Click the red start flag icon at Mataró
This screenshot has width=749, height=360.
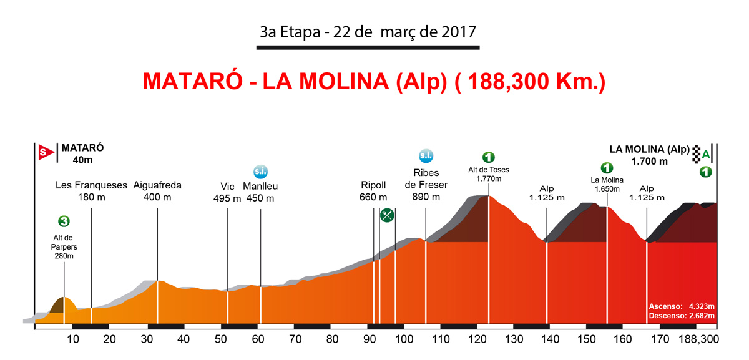coord(43,150)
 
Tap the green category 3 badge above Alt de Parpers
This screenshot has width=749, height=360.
coord(64,221)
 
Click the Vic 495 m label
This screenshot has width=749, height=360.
coord(227,192)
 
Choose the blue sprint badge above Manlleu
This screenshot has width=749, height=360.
coord(260,171)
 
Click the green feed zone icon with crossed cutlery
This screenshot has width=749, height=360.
coord(388,216)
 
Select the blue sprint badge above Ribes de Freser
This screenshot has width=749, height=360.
coord(426,156)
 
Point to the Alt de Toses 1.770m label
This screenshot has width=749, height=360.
coord(489,174)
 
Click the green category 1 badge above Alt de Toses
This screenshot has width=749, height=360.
coord(489,157)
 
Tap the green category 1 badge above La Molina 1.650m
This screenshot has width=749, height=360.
coord(606,167)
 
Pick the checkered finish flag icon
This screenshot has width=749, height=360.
coord(695,154)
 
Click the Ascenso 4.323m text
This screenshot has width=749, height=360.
coord(681,307)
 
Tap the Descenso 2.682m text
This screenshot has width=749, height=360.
coord(681,316)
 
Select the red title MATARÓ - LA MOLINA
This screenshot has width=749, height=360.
coord(374,82)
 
